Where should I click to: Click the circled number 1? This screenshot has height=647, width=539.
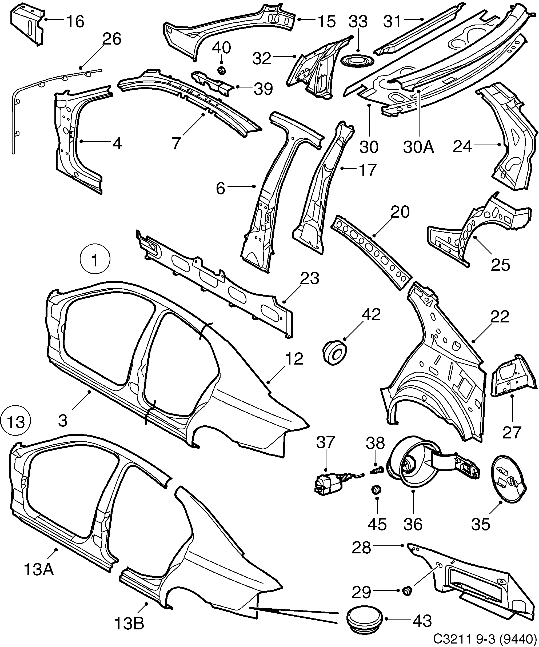tap(95, 261)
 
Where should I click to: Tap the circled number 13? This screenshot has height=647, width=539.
tap(16, 421)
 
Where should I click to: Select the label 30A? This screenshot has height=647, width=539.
tap(418, 147)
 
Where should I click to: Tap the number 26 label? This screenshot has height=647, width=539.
tap(111, 39)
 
